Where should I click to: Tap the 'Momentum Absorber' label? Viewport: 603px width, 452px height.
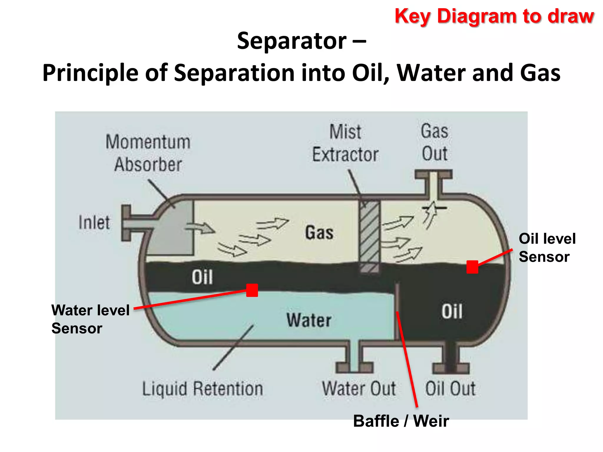point(148,153)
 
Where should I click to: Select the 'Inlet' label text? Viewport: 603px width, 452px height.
point(94,222)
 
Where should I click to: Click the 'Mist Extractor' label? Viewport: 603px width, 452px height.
point(345,143)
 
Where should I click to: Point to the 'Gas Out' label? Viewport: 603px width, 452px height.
point(435,142)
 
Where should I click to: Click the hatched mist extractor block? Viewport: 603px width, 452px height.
point(370,232)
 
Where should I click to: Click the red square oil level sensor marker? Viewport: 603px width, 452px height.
point(472,267)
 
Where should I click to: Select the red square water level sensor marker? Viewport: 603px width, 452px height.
point(252,290)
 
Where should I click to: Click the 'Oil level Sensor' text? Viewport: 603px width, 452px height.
point(547,247)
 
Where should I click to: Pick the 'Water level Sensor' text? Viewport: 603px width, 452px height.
point(90,319)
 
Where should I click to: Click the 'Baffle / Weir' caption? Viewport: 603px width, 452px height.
point(401,421)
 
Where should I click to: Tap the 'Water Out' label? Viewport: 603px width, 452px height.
point(359,388)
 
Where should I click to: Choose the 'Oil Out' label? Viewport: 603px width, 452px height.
point(450,388)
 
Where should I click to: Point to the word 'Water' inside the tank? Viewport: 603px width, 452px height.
point(309,320)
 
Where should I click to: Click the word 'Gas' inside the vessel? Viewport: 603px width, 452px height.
point(319,232)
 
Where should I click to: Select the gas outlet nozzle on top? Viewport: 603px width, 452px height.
point(433,182)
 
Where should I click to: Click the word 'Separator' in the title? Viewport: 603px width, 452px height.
point(291,41)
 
